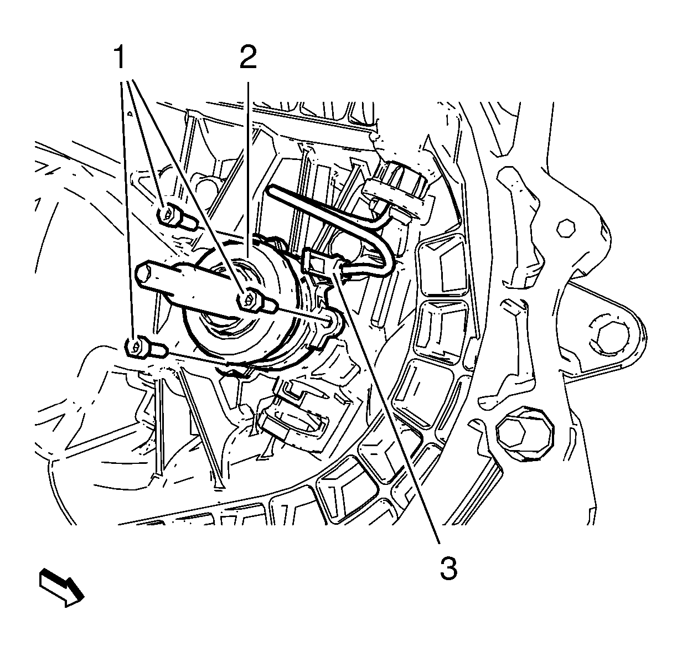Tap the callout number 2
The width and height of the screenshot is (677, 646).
pyautogui.click(x=248, y=58)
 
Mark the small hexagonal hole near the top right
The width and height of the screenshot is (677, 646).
pyautogui.click(x=565, y=228)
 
